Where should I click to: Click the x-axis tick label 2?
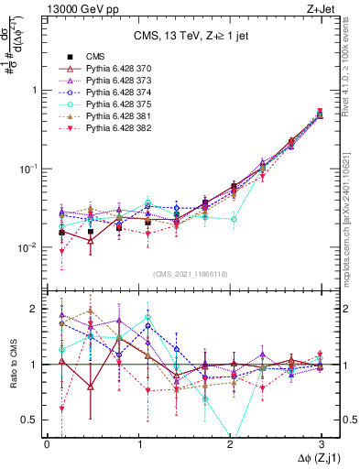230,443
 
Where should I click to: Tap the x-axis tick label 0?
47,443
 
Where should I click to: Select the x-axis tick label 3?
321,443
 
